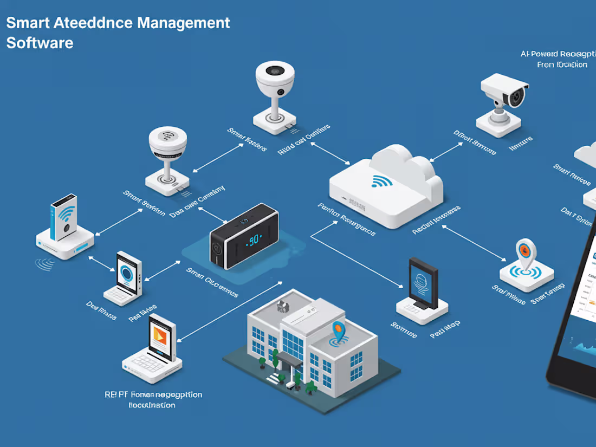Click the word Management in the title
click(x=184, y=23)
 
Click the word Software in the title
click(x=40, y=43)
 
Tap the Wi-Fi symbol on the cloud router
click(x=382, y=181)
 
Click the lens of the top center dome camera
click(x=276, y=72)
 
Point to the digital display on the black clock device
click(x=252, y=241)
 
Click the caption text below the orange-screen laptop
click(x=153, y=399)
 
